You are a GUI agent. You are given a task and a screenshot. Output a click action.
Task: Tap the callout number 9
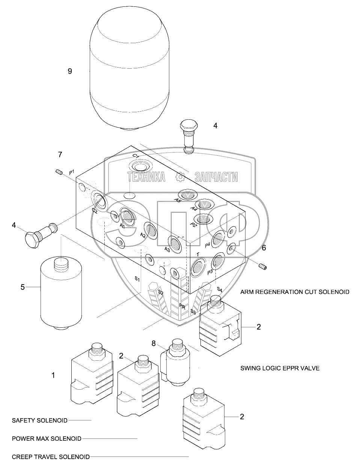pyautogui.click(x=70, y=71)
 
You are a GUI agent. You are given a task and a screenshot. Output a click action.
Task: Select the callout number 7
pyautogui.click(x=60, y=154)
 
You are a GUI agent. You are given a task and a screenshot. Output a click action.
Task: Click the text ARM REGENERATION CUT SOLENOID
pyautogui.click(x=295, y=292)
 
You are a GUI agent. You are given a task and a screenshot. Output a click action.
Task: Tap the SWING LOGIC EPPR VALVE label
pyautogui.click(x=280, y=368)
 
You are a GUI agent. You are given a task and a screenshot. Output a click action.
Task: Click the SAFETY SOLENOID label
pyautogui.click(x=39, y=420)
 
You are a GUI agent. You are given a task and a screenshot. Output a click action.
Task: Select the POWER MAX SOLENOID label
pyautogui.click(x=46, y=438)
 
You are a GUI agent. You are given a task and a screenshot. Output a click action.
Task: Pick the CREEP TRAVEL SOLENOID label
pyautogui.click(x=51, y=457)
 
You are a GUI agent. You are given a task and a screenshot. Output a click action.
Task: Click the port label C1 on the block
pyautogui.click(x=136, y=156)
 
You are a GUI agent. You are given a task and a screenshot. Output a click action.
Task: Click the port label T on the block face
pyautogui.click(x=198, y=255)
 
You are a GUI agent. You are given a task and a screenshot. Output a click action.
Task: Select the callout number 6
pyautogui.click(x=264, y=248)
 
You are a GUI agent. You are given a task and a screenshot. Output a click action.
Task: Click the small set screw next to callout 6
pyautogui.click(x=263, y=267)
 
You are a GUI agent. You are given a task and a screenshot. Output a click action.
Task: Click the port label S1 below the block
pyautogui.click(x=137, y=279)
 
